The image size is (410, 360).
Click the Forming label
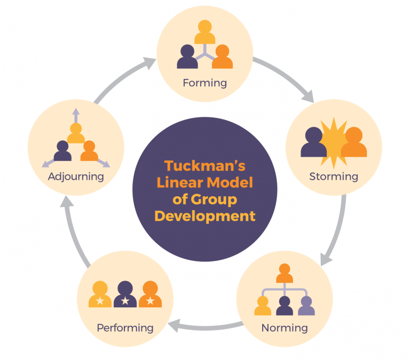(205, 83)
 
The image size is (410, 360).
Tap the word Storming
(334, 177)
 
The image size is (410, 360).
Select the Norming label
(285, 328)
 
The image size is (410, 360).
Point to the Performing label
(125, 328)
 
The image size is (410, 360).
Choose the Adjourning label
(76, 177)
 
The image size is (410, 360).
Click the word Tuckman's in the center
(205, 166)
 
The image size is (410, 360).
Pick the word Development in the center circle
(205, 217)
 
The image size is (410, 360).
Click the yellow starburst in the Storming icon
(334, 143)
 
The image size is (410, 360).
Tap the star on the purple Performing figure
(125, 301)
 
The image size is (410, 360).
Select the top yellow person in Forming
(205, 32)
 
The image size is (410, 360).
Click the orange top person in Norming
(285, 273)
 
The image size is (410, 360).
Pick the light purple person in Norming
(306, 306)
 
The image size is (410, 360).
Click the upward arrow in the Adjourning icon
(76, 116)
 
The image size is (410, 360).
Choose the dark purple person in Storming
(313, 142)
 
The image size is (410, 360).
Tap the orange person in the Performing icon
(150, 294)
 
